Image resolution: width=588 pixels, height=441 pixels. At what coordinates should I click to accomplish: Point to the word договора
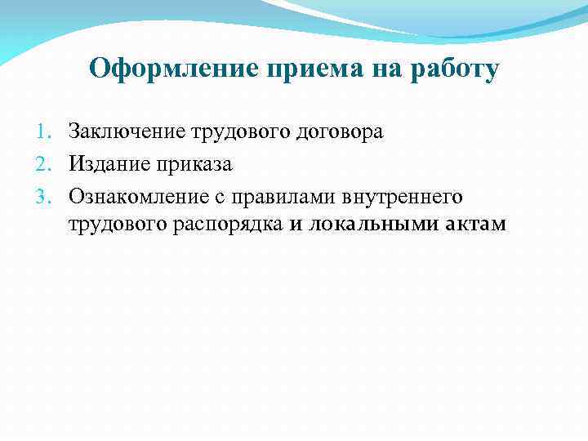point(339,131)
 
